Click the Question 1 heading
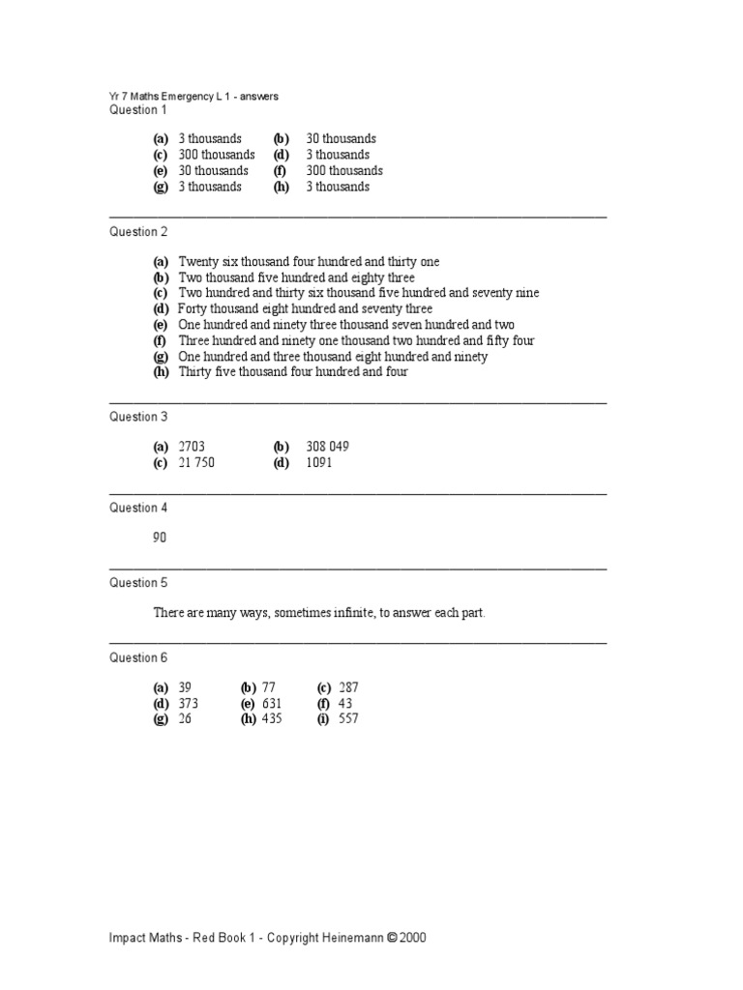tap(138, 110)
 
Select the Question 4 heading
tap(138, 508)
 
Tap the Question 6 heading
tap(138, 657)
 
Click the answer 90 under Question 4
tap(160, 538)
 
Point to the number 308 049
tap(327, 447)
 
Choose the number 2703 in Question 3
tap(192, 447)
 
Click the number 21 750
tap(196, 463)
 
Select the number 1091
tap(319, 463)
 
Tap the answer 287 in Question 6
tap(348, 687)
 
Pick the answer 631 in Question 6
tap(272, 704)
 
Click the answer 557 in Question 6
tap(348, 719)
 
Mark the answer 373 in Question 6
tap(189, 704)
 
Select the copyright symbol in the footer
tap(392, 938)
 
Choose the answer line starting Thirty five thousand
tap(293, 372)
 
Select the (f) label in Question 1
tap(281, 171)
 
